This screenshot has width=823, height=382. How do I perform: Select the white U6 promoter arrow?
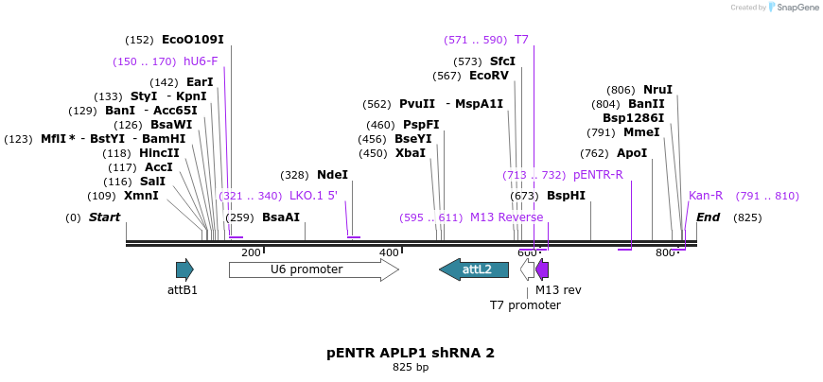click(x=313, y=269)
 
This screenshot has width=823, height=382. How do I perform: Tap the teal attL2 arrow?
click(x=473, y=269)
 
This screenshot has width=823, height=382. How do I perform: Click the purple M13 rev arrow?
click(x=542, y=269)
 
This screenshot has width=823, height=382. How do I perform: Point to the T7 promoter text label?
click(x=525, y=305)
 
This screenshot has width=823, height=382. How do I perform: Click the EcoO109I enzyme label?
click(x=192, y=40)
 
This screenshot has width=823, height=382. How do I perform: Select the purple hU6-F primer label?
click(x=201, y=61)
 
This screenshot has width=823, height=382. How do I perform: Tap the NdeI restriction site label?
click(x=332, y=175)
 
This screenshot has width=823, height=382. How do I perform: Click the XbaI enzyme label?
click(x=411, y=153)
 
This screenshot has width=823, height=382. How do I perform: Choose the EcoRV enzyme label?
click(x=488, y=76)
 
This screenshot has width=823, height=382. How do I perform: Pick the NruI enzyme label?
click(x=657, y=90)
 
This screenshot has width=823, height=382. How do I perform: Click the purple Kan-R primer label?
click(x=706, y=196)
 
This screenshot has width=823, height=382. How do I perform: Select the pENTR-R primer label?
click(x=598, y=175)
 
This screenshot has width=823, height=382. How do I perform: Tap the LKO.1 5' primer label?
click(x=313, y=196)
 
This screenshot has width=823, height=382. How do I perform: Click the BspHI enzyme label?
click(x=566, y=196)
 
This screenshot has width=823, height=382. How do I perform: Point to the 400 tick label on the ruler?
click(x=389, y=252)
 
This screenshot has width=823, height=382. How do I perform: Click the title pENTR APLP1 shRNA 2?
click(x=411, y=353)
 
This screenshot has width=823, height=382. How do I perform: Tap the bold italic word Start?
click(x=104, y=217)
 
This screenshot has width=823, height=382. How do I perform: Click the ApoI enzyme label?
click(x=632, y=153)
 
